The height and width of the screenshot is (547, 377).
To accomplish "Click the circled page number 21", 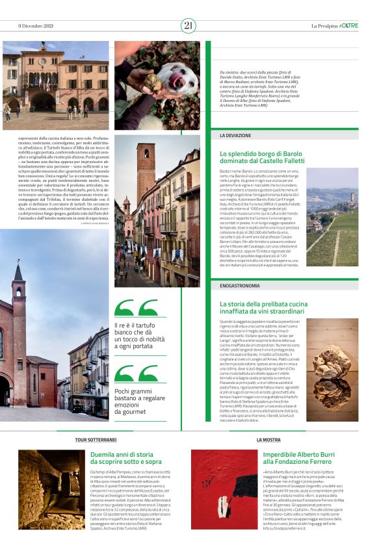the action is (x=188, y=25).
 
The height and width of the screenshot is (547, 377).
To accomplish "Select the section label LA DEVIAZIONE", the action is (x=235, y=135).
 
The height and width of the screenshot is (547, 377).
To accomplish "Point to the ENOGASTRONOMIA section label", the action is (x=240, y=284).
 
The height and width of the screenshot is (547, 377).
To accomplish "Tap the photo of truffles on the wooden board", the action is (x=332, y=361).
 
